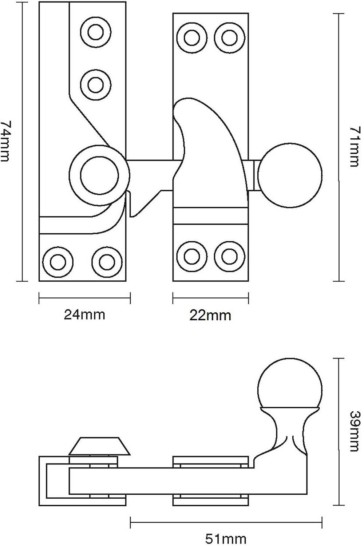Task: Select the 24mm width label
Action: coord(84,314)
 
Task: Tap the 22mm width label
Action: coord(210,315)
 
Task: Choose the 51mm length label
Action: coord(226,538)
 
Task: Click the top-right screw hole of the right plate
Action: coord(229,37)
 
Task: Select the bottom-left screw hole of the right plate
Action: coord(191,256)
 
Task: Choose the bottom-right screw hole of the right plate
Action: coord(229,256)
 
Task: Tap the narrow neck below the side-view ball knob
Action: coord(290,430)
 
